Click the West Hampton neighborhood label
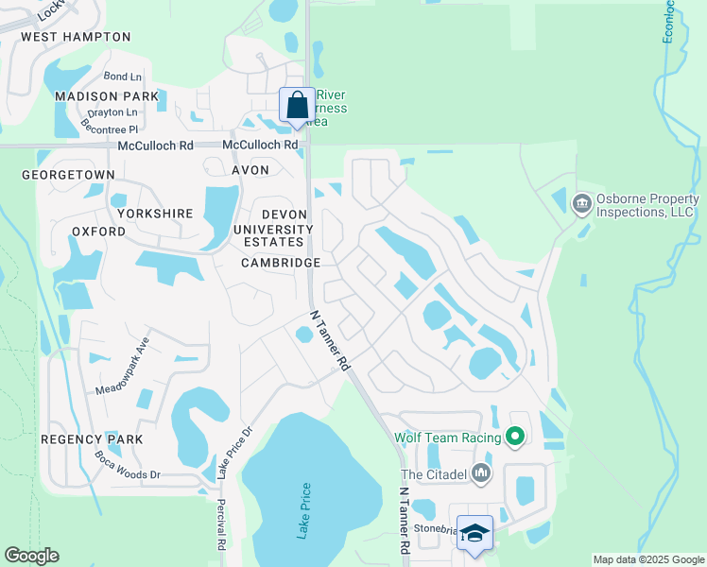point(76,37)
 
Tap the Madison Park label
point(106,96)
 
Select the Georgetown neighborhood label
point(68,175)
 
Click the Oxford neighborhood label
point(98,232)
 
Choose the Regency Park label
point(92,439)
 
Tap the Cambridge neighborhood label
point(281,263)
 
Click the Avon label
point(250,170)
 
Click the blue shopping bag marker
point(297,106)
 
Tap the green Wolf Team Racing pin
point(514,437)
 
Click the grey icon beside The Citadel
point(482,472)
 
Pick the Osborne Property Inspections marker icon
point(581,203)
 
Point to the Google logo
point(31,556)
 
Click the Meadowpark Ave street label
point(123,366)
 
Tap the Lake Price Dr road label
point(234,452)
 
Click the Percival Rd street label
point(221,524)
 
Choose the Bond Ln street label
point(122,77)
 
